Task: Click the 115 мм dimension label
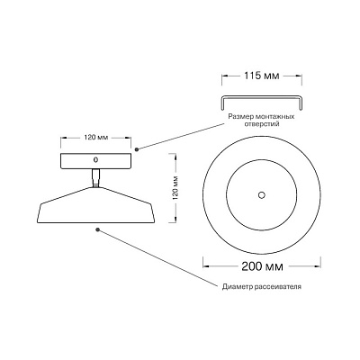[261, 76]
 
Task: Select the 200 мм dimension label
[262, 266]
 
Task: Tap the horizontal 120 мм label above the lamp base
[96, 138]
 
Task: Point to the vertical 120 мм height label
[175, 188]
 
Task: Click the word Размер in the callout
[239, 117]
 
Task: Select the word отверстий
[261, 123]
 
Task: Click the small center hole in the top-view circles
[262, 195]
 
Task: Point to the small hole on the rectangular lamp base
[96, 159]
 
